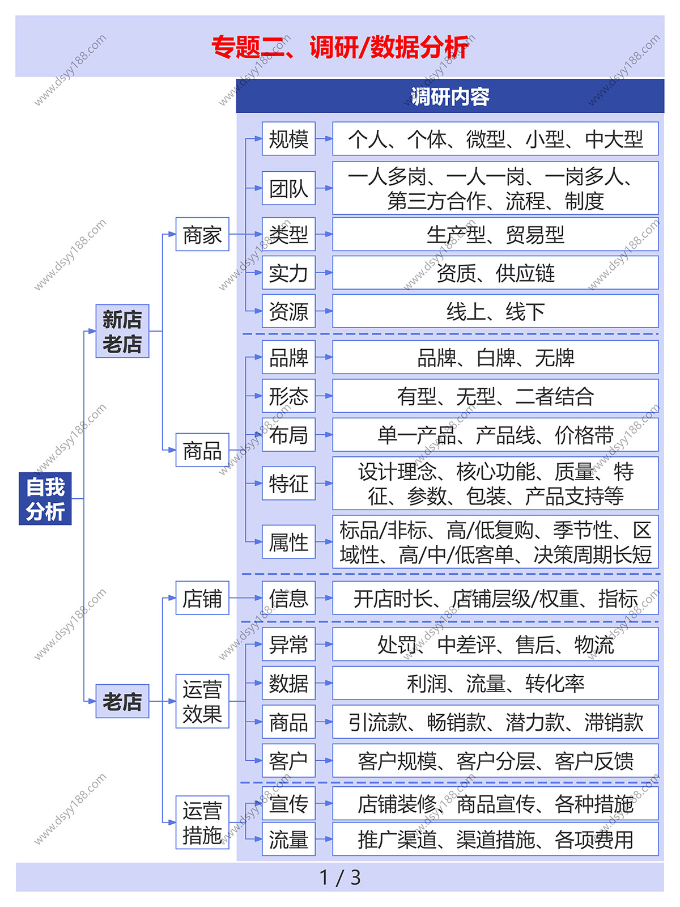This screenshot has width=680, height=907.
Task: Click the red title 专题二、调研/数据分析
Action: (340, 47)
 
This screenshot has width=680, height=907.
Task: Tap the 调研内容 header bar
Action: (450, 96)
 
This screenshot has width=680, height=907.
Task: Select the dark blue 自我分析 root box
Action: (45, 499)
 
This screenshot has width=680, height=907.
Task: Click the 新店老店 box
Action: (122, 332)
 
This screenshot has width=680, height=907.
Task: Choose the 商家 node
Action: (202, 234)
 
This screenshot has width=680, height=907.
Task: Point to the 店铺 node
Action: (202, 598)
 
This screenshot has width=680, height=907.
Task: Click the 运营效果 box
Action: (202, 701)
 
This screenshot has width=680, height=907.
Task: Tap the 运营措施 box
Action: (202, 823)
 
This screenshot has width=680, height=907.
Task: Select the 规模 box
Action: (288, 139)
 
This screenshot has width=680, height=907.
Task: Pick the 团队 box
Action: (288, 188)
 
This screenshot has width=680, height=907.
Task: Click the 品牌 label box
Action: (288, 358)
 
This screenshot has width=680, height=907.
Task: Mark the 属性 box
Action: (288, 542)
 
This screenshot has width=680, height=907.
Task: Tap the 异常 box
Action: (288, 645)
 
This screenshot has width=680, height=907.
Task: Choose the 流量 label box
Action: (288, 840)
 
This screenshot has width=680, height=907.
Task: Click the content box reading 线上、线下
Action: (495, 311)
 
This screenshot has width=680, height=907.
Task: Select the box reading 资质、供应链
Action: (495, 273)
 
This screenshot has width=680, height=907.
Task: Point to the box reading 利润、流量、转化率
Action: (495, 683)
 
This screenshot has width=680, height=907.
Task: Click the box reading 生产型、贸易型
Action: (495, 234)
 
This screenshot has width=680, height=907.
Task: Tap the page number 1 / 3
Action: (340, 878)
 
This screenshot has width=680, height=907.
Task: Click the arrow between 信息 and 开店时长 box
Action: (324, 598)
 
